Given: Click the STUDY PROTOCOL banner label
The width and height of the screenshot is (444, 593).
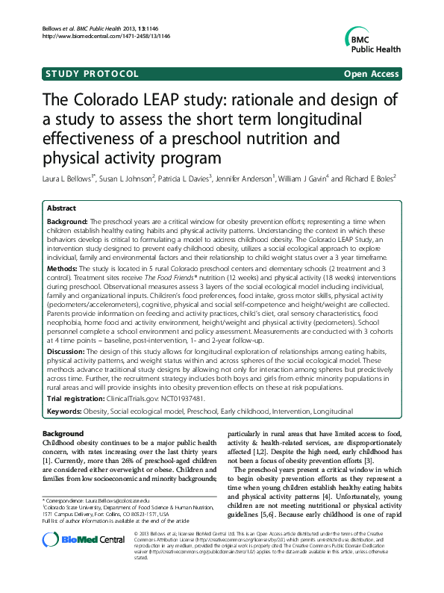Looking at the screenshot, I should click(92, 74).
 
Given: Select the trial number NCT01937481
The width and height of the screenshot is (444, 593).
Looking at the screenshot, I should click(178, 399).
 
